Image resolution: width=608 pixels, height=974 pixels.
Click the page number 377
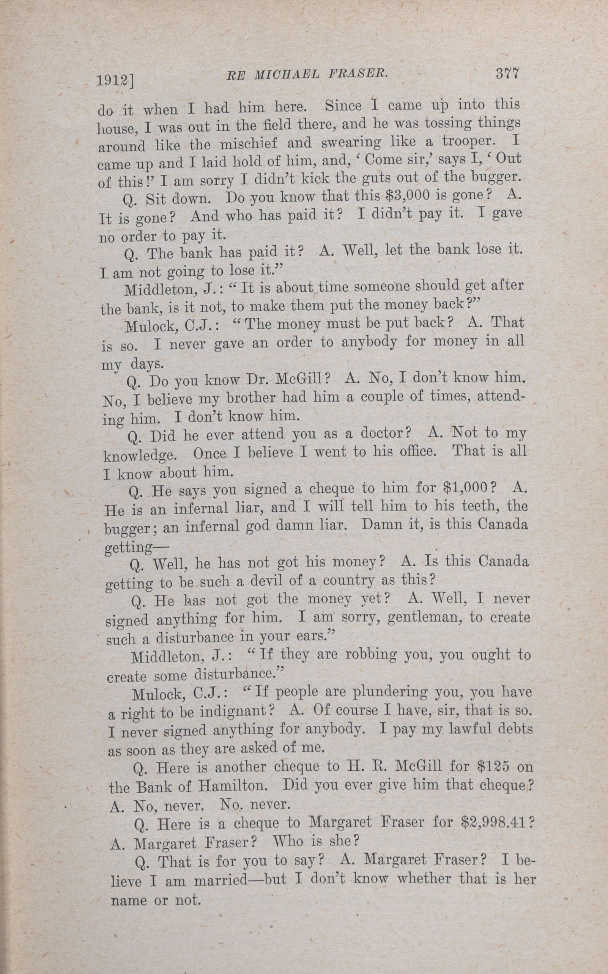[x=508, y=74]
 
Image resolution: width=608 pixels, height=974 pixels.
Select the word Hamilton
[x=229, y=786]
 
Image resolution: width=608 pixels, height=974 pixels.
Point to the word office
[x=414, y=451]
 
